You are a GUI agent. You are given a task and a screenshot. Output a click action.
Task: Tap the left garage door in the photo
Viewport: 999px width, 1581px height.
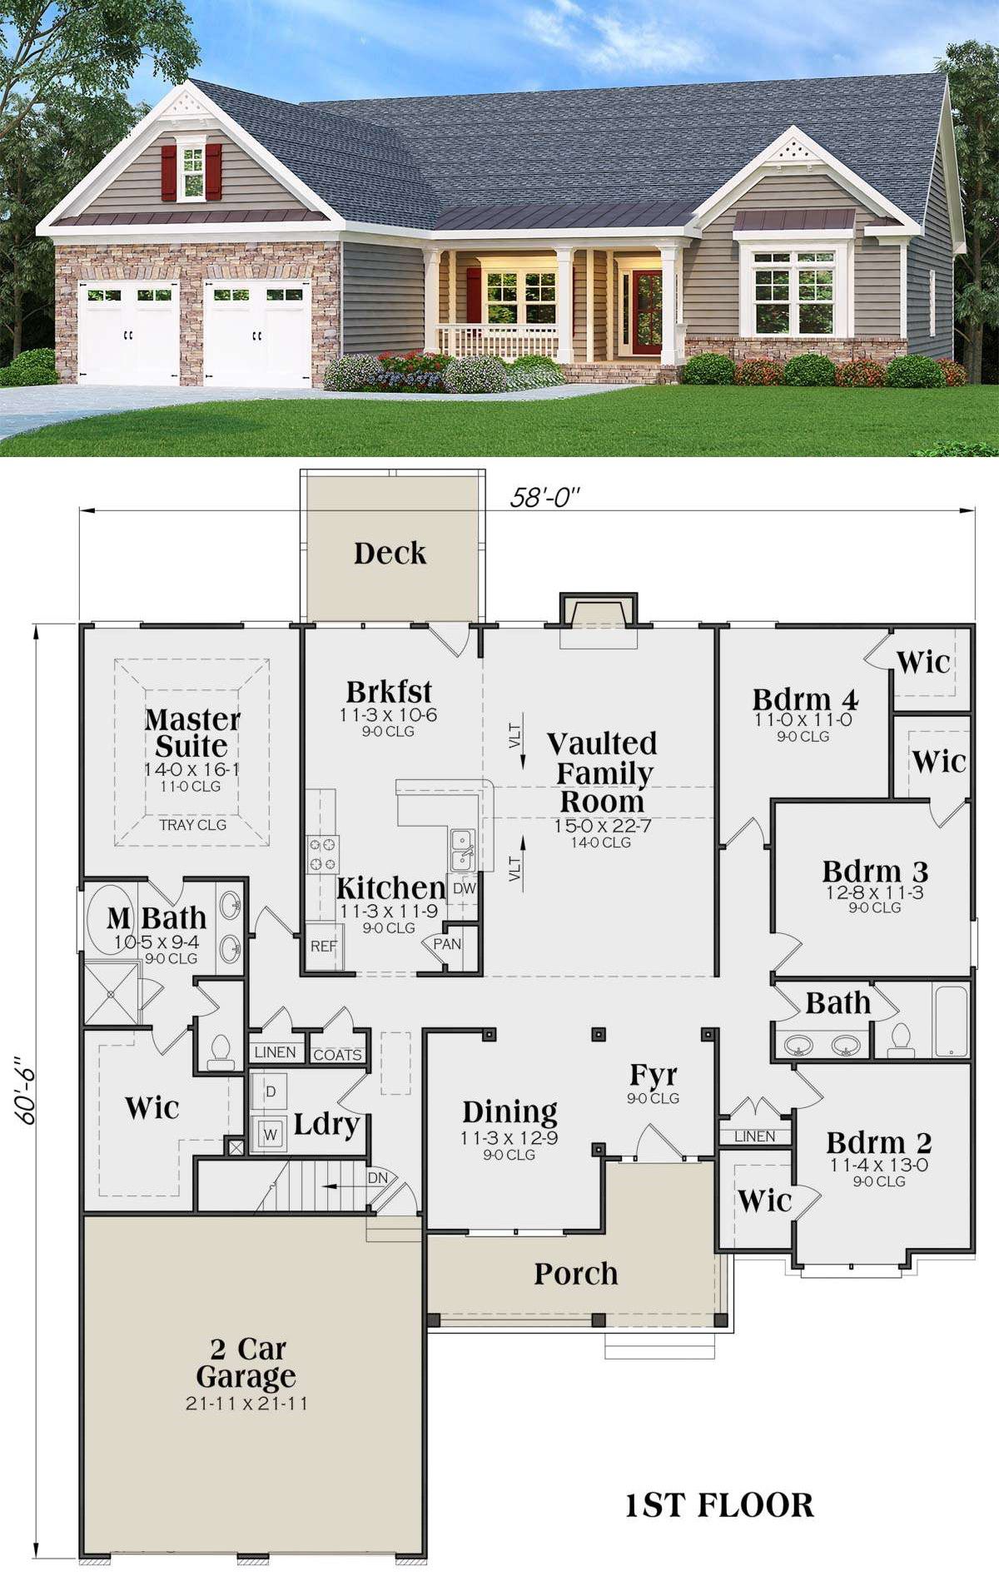pyautogui.click(x=129, y=332)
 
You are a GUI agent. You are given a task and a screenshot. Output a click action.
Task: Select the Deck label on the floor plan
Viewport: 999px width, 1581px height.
pyautogui.click(x=390, y=553)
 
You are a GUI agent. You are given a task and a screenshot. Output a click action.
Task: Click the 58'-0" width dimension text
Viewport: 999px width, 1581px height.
pyautogui.click(x=545, y=497)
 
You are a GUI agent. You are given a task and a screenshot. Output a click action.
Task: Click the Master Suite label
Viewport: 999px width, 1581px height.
pyautogui.click(x=192, y=732)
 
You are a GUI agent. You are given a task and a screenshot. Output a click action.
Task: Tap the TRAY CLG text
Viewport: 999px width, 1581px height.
pyautogui.click(x=193, y=824)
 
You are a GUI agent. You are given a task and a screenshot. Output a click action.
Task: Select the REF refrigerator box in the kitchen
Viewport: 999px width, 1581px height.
pyautogui.click(x=324, y=947)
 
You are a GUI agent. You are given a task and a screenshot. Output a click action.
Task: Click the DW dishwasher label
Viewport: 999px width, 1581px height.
pyautogui.click(x=464, y=888)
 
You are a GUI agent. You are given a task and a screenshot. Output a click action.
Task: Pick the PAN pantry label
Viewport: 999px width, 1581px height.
pyautogui.click(x=447, y=944)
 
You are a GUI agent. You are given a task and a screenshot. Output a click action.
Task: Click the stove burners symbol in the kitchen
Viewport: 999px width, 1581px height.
pyautogui.click(x=323, y=853)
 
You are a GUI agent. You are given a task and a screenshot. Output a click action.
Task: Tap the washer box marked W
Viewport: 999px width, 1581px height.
pyautogui.click(x=270, y=1134)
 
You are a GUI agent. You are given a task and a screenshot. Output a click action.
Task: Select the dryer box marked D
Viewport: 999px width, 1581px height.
pyautogui.click(x=270, y=1091)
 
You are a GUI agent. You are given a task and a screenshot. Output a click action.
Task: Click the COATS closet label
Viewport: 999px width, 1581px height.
pyautogui.click(x=337, y=1055)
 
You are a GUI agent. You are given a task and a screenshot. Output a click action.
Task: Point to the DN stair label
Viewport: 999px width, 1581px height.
pyautogui.click(x=378, y=1178)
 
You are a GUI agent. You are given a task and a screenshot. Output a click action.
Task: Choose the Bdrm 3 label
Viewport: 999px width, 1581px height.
pyautogui.click(x=875, y=872)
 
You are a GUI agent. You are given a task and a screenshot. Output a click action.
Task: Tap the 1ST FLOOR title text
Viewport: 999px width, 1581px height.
pyautogui.click(x=719, y=1505)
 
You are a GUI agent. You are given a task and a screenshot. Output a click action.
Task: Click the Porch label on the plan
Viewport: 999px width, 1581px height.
pyautogui.click(x=576, y=1273)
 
